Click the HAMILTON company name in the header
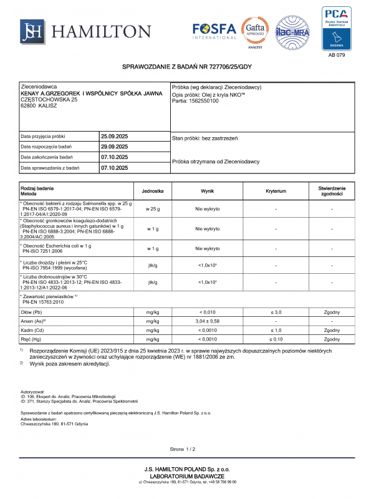click(101, 31)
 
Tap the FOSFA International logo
click(214, 31)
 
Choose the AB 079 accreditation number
click(336, 55)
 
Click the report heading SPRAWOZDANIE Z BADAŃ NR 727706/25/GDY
click(186, 66)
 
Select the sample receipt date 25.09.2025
click(114, 136)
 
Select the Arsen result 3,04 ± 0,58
click(207, 321)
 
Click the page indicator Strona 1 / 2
click(183, 449)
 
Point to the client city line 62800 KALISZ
click(39, 106)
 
